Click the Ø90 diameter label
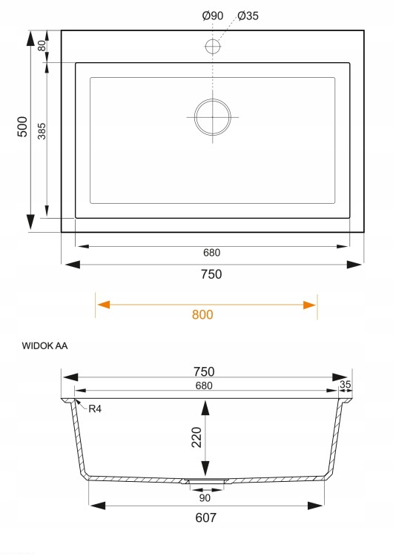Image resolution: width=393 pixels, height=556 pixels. point(213,16)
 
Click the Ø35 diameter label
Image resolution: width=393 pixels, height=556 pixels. point(248,16)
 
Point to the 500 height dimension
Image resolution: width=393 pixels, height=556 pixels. point(22,127)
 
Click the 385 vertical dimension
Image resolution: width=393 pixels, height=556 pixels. point(42,131)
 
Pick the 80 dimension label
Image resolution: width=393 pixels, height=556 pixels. point(42,46)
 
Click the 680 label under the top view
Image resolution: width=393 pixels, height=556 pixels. point(212,253)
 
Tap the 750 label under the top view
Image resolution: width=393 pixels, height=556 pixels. point(211,274)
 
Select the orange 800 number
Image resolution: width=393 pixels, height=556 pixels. point(202,314)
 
